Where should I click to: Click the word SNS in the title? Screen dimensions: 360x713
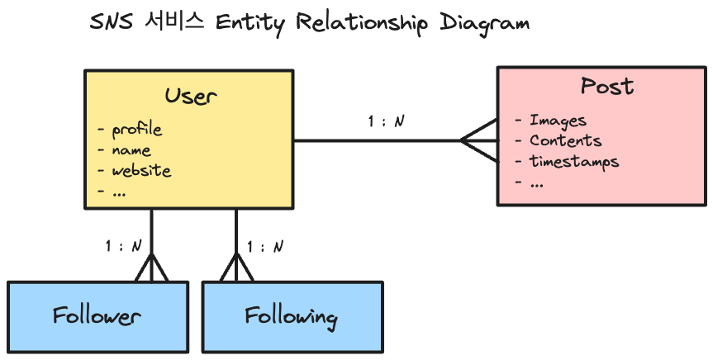click(x=107, y=21)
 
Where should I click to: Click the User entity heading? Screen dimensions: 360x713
click(x=190, y=95)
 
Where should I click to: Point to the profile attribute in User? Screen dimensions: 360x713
click(x=136, y=130)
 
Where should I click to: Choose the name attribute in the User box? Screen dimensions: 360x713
click(x=131, y=150)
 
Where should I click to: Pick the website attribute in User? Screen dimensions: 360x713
click(x=140, y=171)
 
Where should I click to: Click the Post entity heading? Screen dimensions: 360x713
click(x=607, y=86)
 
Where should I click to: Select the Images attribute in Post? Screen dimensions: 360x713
click(x=558, y=121)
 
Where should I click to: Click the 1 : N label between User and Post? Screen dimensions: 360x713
click(x=386, y=121)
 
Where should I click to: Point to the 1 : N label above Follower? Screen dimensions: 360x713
click(x=123, y=245)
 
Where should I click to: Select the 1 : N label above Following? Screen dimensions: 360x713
click(x=265, y=245)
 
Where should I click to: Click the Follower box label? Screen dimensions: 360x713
click(x=97, y=316)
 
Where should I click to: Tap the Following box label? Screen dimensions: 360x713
click(x=291, y=317)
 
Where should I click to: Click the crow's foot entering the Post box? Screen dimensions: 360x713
click(x=479, y=140)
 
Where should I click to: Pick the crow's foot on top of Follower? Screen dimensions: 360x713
click(x=151, y=267)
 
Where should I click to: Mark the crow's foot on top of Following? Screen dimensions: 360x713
click(x=237, y=267)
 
